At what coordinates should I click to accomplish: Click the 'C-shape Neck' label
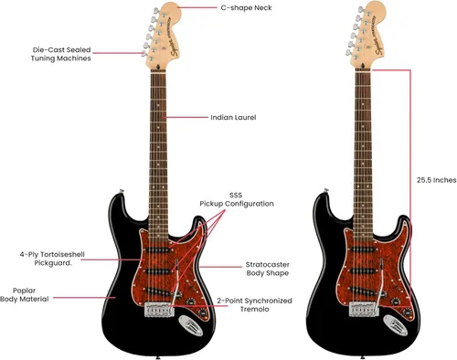pyautogui.click(x=246, y=7)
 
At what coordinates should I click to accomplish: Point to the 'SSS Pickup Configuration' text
pyautogui.click(x=236, y=199)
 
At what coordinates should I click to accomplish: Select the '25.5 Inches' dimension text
pyautogui.click(x=436, y=180)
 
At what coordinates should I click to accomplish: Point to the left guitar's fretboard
pyautogui.click(x=162, y=137)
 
